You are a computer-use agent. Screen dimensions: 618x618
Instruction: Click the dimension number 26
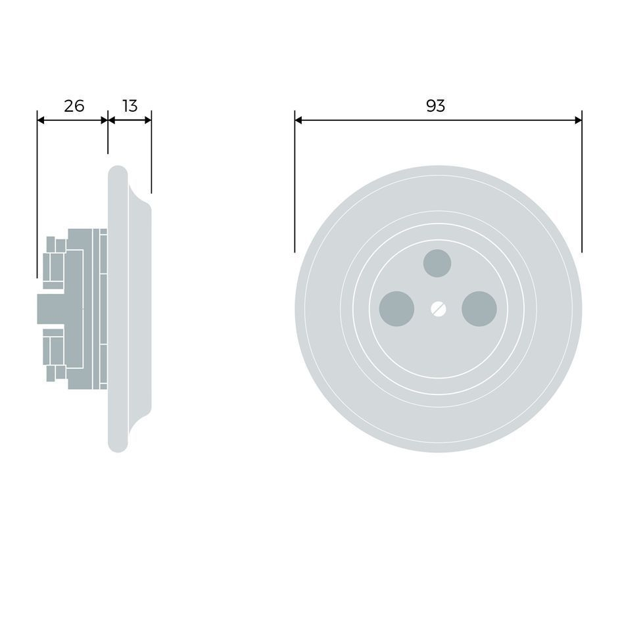coord(74,106)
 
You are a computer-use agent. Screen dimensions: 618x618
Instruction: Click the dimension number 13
coord(130,106)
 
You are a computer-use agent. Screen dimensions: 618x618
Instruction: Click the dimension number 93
coord(435,106)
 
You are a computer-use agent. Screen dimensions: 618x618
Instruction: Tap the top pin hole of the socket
coord(437,263)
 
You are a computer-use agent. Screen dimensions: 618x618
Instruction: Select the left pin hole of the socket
coord(396,309)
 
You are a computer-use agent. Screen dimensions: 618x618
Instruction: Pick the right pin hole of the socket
coord(479,309)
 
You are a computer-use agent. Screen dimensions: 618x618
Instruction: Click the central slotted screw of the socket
coord(439,309)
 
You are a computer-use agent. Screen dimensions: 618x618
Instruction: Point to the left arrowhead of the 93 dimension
coord(298,120)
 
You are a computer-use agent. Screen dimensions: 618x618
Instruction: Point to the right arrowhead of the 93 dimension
coord(578,120)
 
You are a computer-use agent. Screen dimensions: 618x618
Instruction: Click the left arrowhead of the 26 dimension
coord(41,120)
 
